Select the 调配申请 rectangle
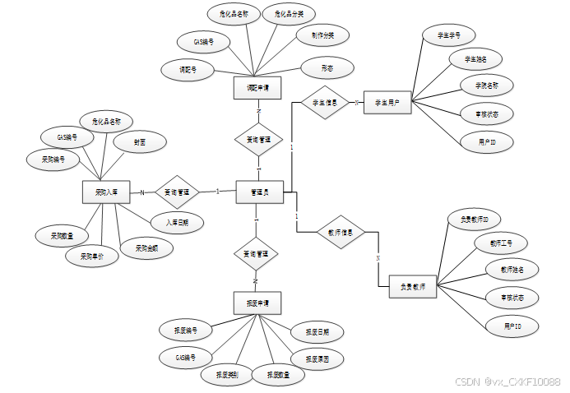pyautogui.click(x=258, y=88)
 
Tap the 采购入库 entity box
pyautogui.click(x=106, y=192)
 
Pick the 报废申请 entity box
pyautogui.click(x=257, y=302)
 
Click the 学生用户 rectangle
pyautogui.click(x=387, y=103)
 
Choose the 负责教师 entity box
pyautogui.click(x=412, y=287)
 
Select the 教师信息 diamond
pyautogui.click(x=341, y=232)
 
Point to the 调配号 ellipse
pyautogui.click(x=188, y=70)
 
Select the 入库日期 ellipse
pyautogui.click(x=177, y=222)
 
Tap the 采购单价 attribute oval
pyautogui.click(x=91, y=256)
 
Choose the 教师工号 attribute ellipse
pyautogui.click(x=499, y=244)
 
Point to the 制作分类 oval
pyautogui.click(x=322, y=35)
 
